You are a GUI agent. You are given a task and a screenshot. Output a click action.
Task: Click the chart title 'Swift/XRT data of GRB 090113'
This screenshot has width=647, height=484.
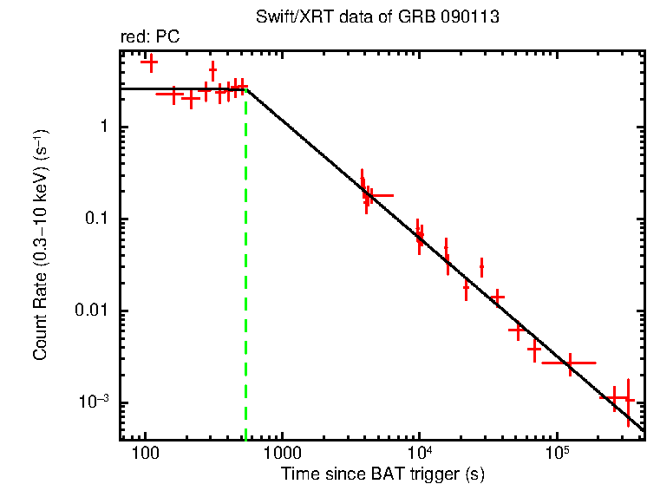click(x=377, y=17)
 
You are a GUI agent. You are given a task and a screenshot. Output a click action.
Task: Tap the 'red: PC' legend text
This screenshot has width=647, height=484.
click(x=149, y=38)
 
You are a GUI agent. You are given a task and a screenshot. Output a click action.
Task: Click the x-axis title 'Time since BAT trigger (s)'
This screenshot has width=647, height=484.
click(x=382, y=474)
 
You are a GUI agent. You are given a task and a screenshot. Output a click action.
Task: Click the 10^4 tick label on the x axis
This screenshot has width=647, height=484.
click(x=419, y=452)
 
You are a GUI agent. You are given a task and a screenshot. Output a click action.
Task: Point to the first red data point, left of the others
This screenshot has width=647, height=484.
click(x=149, y=62)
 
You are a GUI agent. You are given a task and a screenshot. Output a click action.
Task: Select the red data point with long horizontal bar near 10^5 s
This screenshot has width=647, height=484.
click(x=570, y=363)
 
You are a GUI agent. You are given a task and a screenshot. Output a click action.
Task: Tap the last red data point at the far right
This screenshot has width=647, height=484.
click(x=628, y=401)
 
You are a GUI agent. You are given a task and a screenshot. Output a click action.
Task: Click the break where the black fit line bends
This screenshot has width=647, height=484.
click(x=246, y=88)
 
